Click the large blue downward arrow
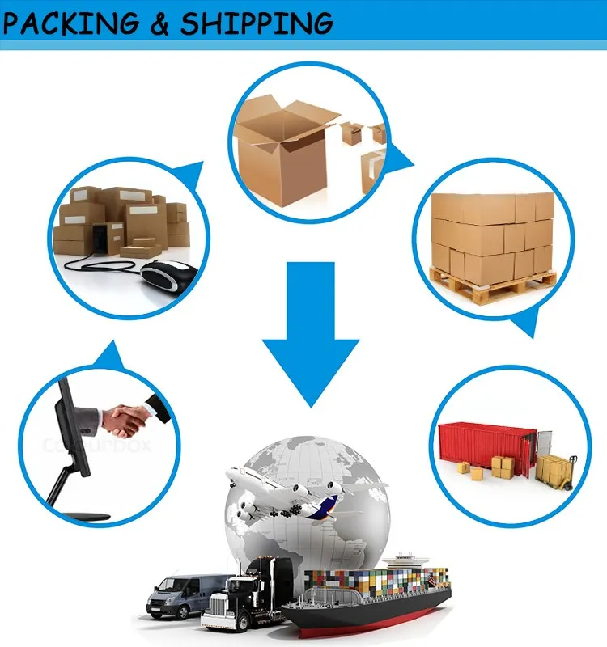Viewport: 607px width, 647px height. [x=310, y=332]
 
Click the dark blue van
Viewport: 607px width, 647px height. [x=182, y=594]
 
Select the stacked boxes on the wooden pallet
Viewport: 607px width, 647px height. [x=494, y=235]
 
